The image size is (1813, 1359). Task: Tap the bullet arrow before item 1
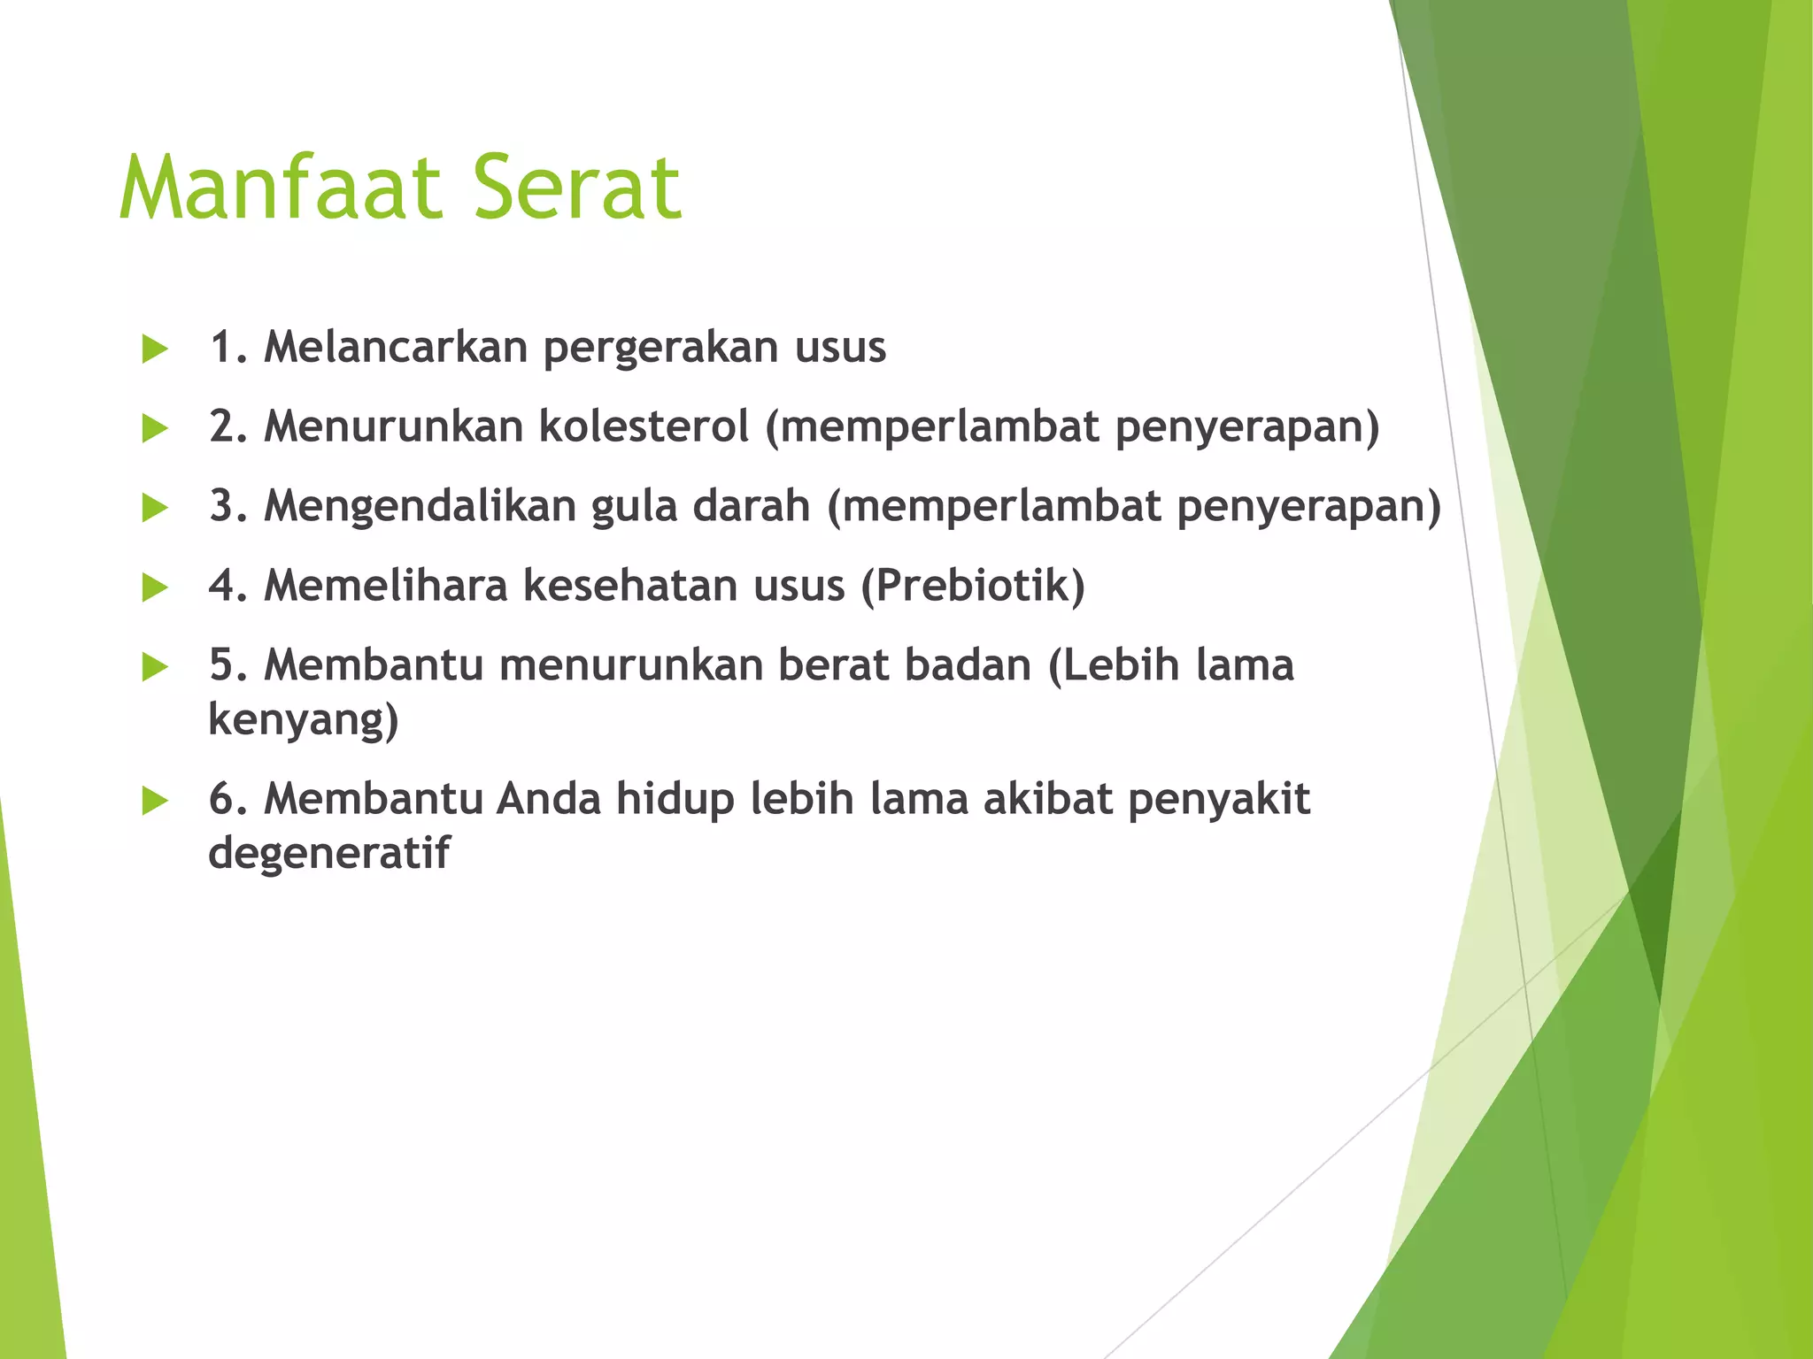(155, 349)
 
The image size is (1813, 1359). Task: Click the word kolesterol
(644, 426)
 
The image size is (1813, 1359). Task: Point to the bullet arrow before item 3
(155, 508)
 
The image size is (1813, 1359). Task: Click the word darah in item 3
(751, 506)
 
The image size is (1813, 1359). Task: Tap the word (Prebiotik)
(973, 586)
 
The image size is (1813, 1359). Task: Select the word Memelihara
(386, 586)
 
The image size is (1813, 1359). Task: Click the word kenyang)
(304, 720)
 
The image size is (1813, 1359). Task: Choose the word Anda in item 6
(548, 799)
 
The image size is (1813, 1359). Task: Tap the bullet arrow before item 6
(155, 802)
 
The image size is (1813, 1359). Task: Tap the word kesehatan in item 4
(630, 586)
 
